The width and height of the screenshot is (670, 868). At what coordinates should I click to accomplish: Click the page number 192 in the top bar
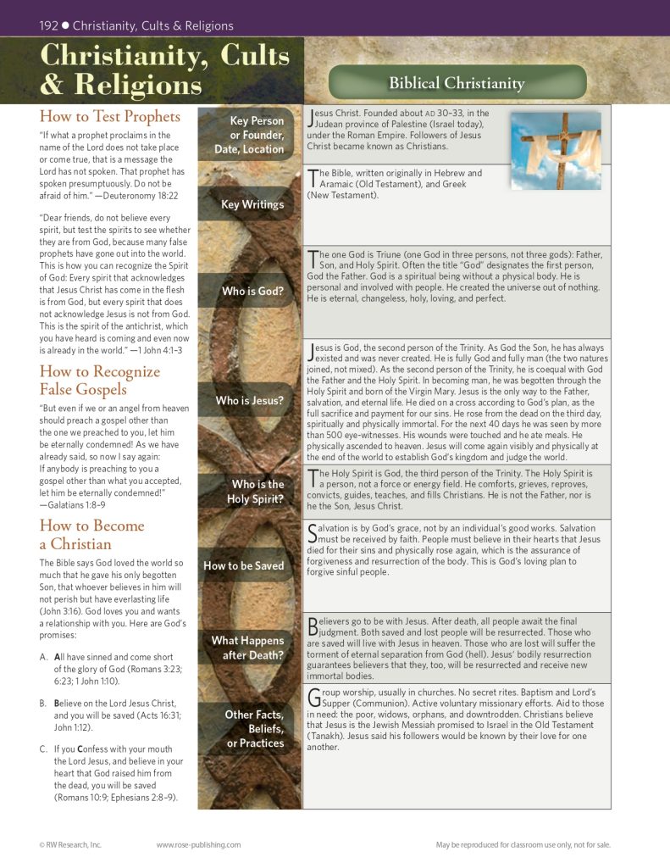(48, 25)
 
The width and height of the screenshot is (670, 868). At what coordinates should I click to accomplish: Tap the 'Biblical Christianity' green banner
(457, 83)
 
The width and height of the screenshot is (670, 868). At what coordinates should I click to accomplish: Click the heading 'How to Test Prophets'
(110, 116)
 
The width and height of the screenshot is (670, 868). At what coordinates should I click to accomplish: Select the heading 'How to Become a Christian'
(92, 535)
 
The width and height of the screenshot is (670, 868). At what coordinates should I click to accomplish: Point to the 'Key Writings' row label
(252, 204)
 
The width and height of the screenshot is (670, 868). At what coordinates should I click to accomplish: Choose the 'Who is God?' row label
(252, 292)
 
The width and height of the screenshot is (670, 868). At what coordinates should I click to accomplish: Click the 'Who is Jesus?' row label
(250, 400)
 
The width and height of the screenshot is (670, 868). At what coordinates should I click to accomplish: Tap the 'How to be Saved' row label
(244, 565)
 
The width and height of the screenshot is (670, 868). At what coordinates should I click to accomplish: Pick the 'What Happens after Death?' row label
(247, 648)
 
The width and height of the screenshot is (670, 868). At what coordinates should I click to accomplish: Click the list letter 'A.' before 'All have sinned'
(44, 657)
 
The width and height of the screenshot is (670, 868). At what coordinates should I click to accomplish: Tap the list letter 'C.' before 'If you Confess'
(44, 749)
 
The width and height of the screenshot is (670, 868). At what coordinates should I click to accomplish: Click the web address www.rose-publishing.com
(198, 844)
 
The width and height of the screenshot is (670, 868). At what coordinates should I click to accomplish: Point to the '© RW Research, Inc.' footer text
(70, 844)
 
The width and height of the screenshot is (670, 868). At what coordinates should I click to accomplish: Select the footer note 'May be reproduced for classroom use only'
(523, 844)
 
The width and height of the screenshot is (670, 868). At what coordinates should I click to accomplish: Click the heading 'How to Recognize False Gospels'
(100, 380)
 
